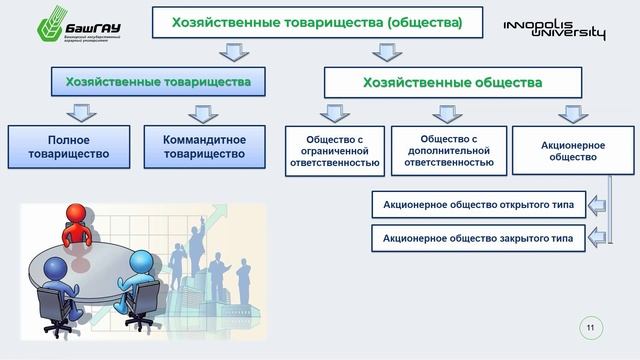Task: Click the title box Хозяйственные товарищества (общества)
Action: (317, 23)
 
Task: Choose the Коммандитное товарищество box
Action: (204, 146)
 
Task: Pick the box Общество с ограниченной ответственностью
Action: (333, 150)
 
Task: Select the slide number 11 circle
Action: (590, 327)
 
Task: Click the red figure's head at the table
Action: (78, 214)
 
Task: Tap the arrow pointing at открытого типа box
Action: (596, 206)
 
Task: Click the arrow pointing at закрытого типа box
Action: (596, 238)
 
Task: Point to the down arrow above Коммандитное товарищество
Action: (204, 112)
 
